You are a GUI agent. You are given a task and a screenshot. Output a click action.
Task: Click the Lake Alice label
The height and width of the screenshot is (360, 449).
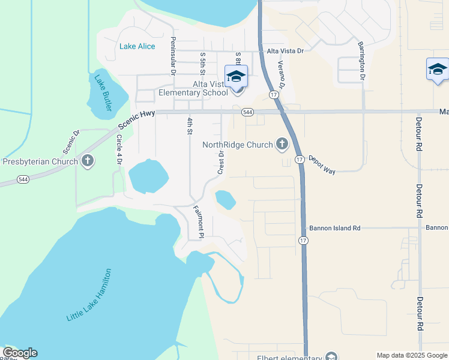pyautogui.click(x=137, y=46)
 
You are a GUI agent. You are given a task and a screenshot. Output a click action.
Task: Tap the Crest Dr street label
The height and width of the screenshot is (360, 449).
pyautogui.click(x=221, y=162)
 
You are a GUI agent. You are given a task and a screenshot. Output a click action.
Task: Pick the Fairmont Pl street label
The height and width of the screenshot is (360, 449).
pyautogui.click(x=199, y=221)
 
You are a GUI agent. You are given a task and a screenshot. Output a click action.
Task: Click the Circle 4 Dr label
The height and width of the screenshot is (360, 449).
pyautogui.click(x=119, y=150)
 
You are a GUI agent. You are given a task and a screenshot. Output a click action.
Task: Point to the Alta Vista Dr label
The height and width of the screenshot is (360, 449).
pyautogui.click(x=285, y=51)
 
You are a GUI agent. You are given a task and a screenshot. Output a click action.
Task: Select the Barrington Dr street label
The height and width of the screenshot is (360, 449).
pyautogui.click(x=361, y=61)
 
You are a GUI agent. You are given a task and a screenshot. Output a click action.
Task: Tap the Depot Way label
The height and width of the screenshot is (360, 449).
pyautogui.click(x=322, y=164)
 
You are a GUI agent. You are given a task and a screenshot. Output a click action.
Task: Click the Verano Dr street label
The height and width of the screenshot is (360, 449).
pyautogui.click(x=280, y=74)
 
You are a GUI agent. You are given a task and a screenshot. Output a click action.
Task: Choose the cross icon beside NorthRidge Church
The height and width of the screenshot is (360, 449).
pyautogui.click(x=282, y=144)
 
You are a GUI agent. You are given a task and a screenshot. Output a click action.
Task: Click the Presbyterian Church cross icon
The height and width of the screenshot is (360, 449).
pyautogui.click(x=88, y=161)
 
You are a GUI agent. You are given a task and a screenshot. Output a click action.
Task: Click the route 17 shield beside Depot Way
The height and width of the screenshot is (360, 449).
pyautogui.click(x=299, y=158)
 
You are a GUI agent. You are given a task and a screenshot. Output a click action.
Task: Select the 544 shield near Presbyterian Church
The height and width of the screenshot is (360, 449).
pyautogui.click(x=23, y=179)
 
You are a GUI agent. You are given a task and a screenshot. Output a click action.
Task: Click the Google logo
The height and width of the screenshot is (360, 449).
pyautogui.click(x=20, y=353)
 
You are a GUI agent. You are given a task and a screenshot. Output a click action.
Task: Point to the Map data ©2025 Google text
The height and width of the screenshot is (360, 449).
pyautogui.click(x=411, y=355)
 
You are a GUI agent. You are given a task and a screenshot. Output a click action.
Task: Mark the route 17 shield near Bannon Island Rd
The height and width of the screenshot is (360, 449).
pyautogui.click(x=303, y=240)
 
